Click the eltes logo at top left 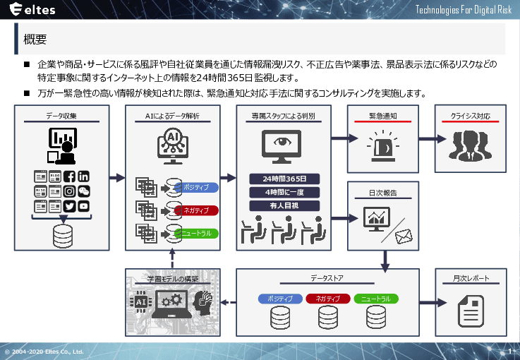pos(31,11)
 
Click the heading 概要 pos(35,39)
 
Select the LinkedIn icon pos(84,176)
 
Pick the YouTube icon pos(84,206)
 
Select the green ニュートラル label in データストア pos(376,299)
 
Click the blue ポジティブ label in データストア pos(281,299)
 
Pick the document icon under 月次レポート pos(471,308)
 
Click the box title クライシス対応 pos(471,116)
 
